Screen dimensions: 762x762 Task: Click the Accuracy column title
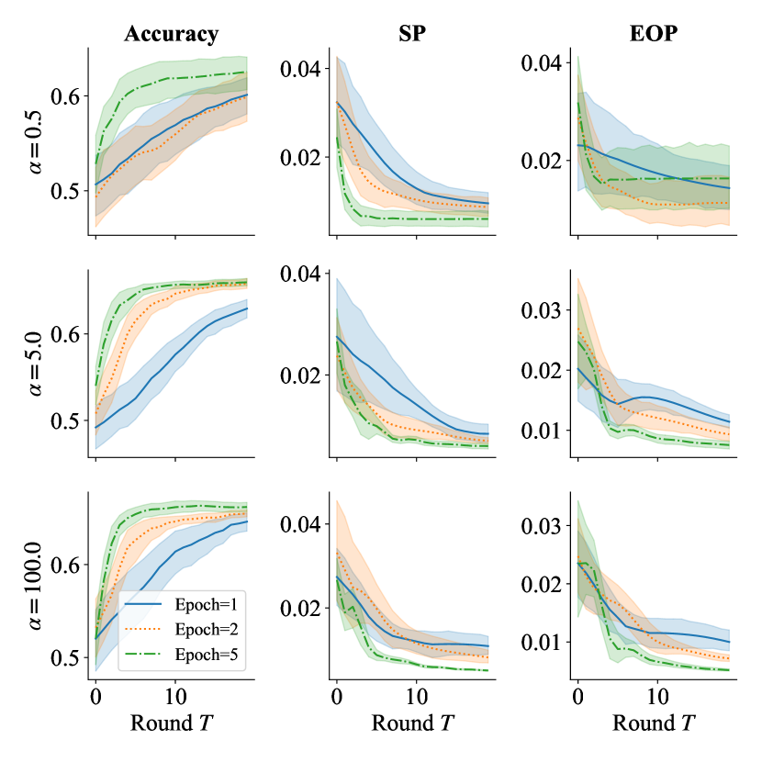point(172,35)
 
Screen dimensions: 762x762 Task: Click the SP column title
point(412,35)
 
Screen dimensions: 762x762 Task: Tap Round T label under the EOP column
point(653,722)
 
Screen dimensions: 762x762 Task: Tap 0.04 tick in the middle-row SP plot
point(299,274)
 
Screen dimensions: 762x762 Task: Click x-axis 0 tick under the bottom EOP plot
point(577,695)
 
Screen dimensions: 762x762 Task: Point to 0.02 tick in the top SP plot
point(299,157)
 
